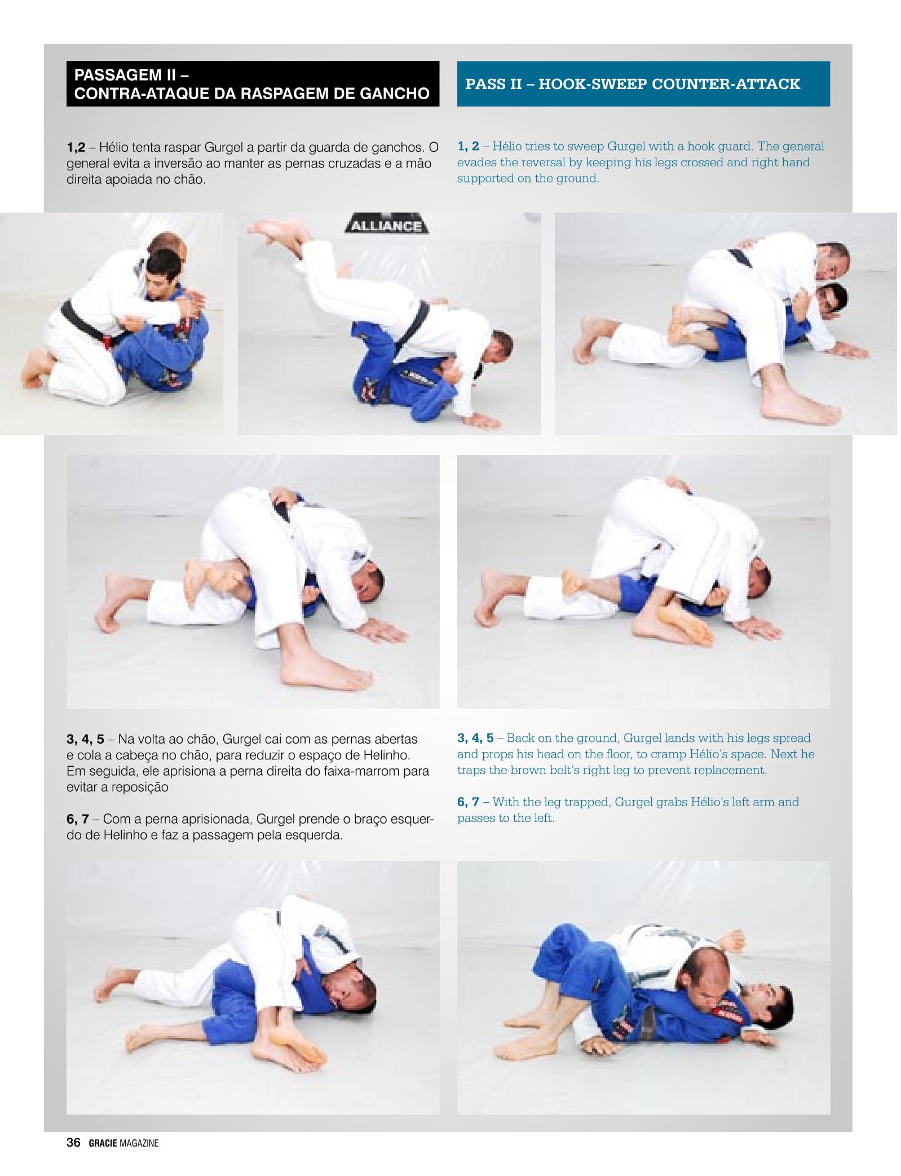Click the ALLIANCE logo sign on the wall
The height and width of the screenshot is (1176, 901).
point(386,224)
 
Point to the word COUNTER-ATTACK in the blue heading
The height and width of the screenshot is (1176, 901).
point(726,84)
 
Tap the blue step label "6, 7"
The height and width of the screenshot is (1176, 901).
point(468,802)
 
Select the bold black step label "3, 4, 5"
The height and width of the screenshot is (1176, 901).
point(85,739)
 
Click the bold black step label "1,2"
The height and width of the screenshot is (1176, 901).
point(76,148)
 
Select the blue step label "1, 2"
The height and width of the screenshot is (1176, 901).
point(468,146)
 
